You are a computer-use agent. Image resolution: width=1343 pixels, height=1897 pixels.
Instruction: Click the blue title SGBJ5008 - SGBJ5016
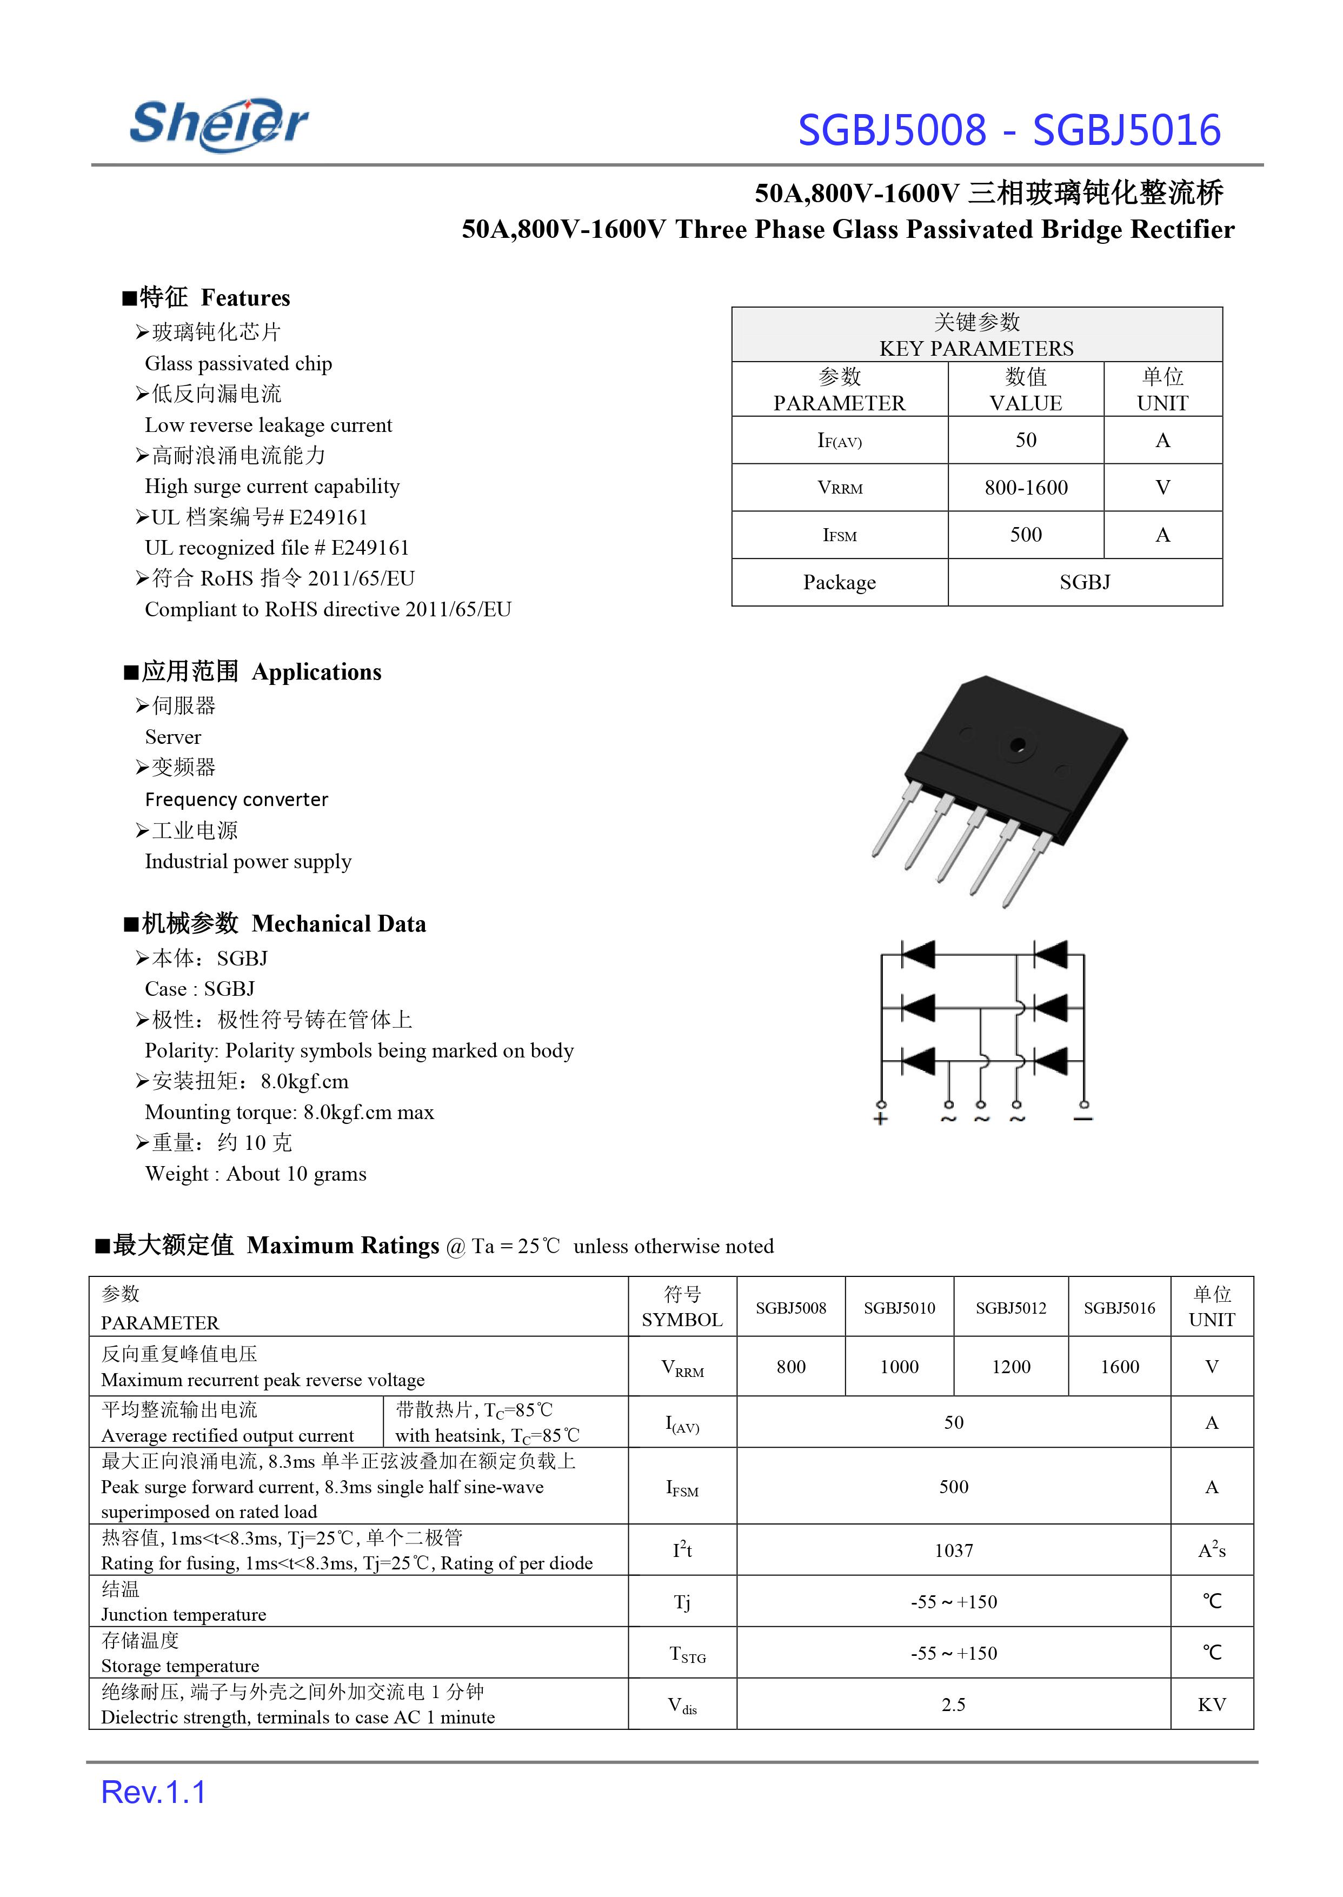coord(1008,131)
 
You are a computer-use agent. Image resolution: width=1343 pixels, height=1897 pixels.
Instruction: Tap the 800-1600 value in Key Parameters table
coord(1026,488)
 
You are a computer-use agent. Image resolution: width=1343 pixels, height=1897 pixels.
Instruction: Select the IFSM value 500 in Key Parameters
coord(1026,535)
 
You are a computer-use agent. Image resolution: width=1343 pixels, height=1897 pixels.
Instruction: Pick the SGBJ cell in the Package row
coord(1084,583)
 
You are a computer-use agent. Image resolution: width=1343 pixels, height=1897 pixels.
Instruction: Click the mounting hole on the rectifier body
coord(1017,744)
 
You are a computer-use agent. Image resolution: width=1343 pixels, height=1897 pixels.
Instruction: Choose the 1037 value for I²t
coord(954,1550)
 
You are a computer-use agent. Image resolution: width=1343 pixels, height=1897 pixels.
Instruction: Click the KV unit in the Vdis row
coord(1212,1705)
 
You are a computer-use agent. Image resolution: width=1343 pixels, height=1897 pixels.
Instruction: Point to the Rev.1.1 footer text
coord(154,1793)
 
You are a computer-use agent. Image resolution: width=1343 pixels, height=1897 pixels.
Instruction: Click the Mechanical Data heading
coord(338,924)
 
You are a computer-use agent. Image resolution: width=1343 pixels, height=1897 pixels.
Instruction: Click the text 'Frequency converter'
coord(236,800)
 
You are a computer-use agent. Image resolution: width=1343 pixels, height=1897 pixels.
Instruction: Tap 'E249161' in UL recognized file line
coord(370,548)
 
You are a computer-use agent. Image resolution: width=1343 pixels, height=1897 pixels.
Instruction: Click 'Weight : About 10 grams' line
coord(256,1174)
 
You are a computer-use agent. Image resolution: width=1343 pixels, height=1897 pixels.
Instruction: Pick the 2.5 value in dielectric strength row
coord(954,1705)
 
